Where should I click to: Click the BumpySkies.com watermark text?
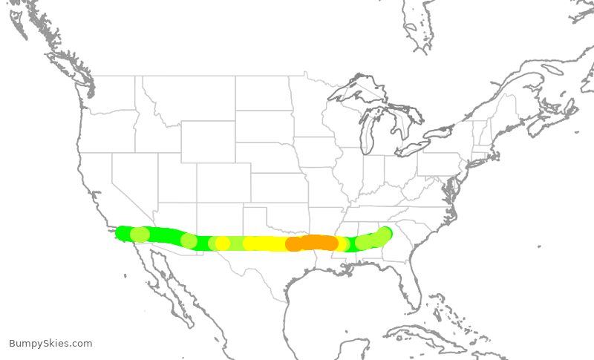pos(50,343)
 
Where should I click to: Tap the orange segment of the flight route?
pos(313,243)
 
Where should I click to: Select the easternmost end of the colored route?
pos(384,233)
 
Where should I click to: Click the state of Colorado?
pos(223,183)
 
